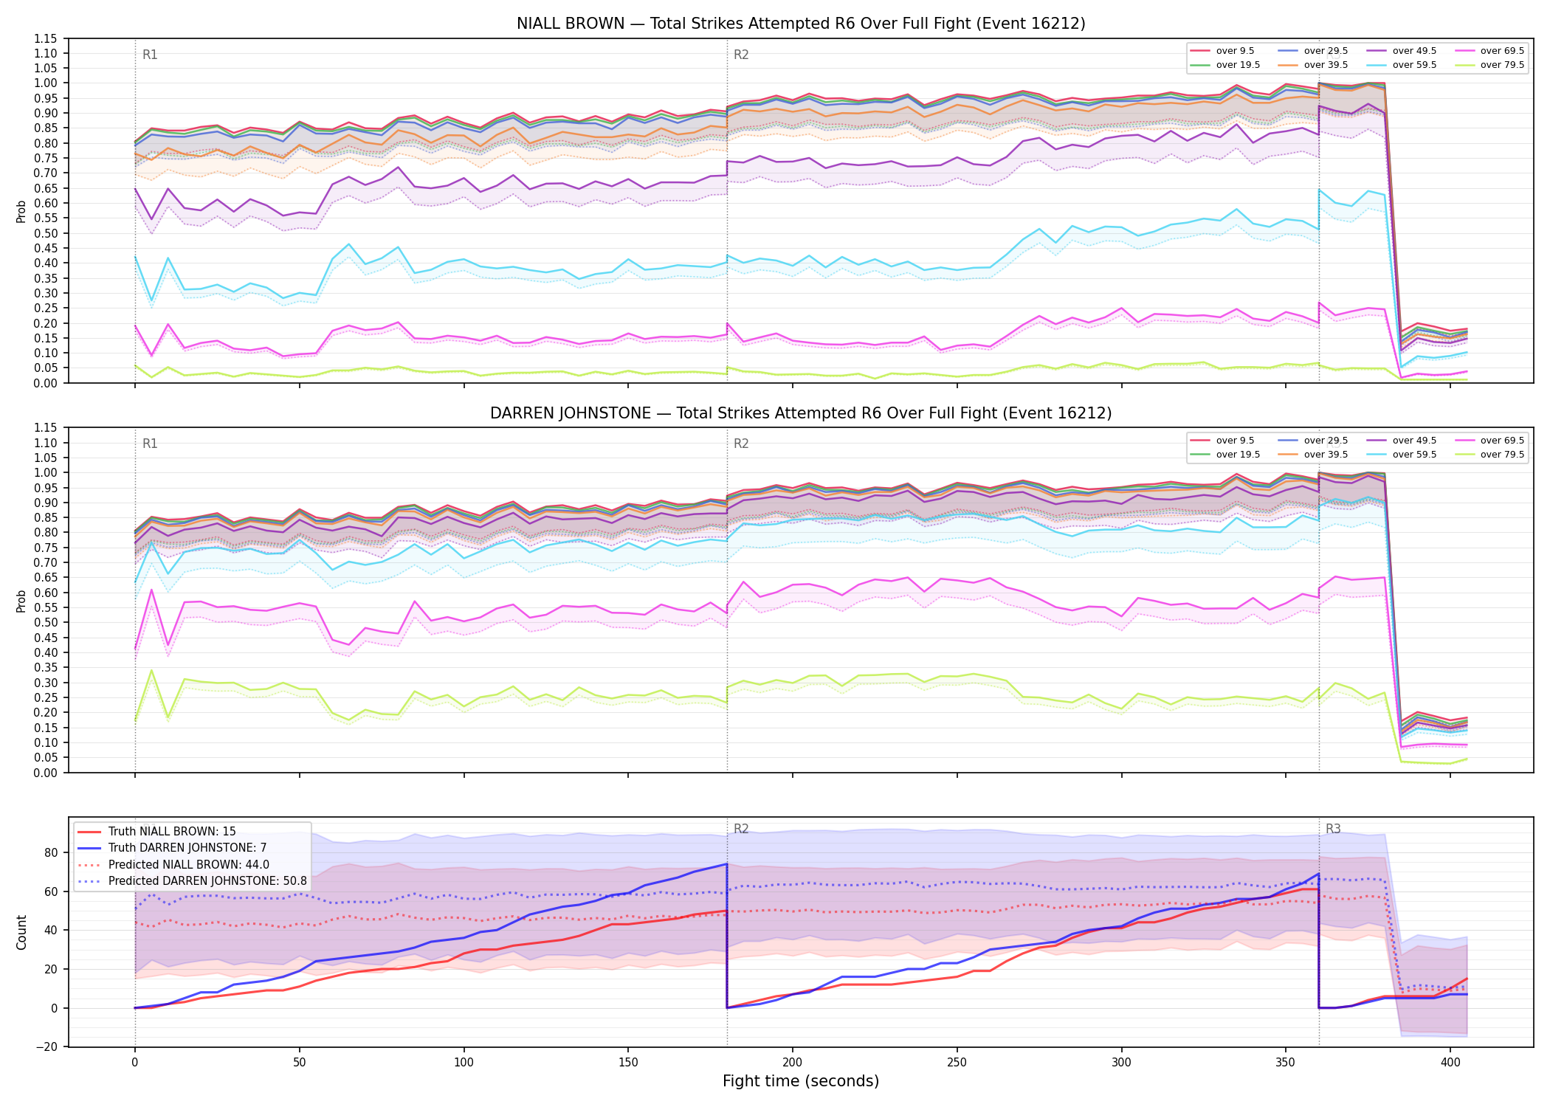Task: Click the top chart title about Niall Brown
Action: [x=801, y=24]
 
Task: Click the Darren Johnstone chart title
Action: [x=801, y=413]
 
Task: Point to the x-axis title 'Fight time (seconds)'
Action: [x=801, y=1081]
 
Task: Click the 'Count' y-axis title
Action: [x=21, y=932]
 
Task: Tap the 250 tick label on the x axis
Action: [x=957, y=1063]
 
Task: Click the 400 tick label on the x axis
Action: [x=1450, y=1063]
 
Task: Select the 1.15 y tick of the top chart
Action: [x=46, y=38]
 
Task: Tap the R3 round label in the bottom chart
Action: [x=1333, y=829]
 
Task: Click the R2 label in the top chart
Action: [x=741, y=55]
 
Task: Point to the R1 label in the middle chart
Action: [x=150, y=444]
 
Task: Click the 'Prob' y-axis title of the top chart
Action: [x=21, y=211]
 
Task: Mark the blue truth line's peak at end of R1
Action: [x=727, y=864]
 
